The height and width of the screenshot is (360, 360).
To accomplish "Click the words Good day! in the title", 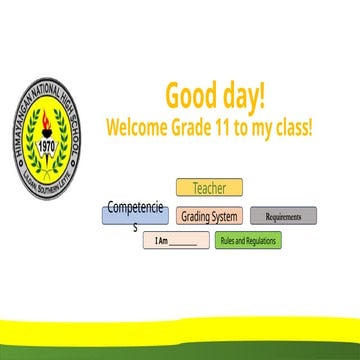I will (x=215, y=96).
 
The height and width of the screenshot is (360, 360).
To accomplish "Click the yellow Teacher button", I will (x=209, y=187).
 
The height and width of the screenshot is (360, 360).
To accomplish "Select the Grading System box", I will (x=209, y=216).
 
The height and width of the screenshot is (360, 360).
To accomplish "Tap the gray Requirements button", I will (x=283, y=216).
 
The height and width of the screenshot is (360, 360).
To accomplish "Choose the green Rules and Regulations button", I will (x=248, y=241).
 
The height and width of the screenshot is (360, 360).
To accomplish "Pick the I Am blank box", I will (x=175, y=241).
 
